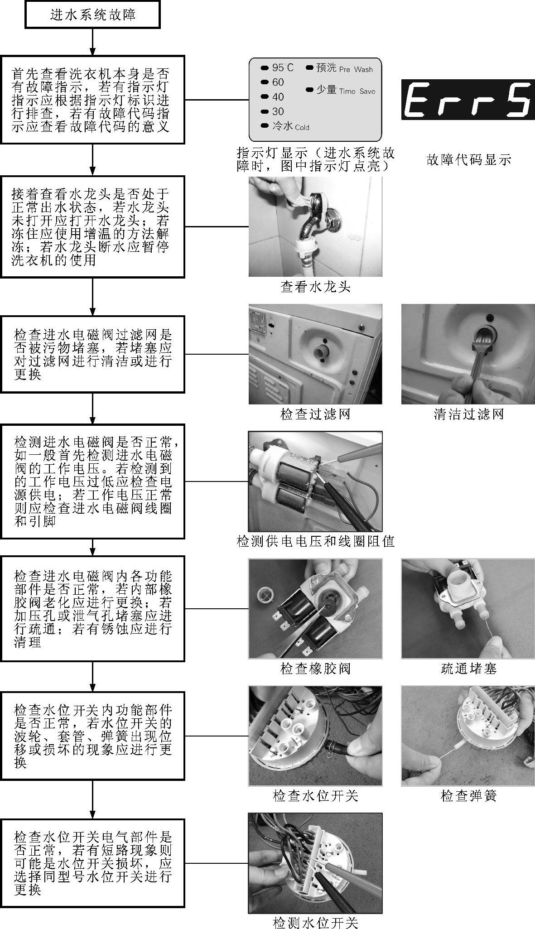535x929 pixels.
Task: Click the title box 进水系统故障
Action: (93, 15)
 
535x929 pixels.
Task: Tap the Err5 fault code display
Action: (468, 100)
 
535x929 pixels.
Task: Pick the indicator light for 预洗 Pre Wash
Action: (310, 68)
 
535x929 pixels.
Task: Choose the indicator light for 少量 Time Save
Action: (310, 90)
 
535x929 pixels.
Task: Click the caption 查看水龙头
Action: (315, 287)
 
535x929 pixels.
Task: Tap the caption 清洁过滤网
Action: (468, 414)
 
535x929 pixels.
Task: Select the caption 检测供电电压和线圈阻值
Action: (316, 541)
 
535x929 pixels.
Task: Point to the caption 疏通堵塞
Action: (468, 668)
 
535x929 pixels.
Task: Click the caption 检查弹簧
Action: (468, 796)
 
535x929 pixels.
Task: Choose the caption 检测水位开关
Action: (316, 922)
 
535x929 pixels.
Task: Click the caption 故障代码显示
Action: (468, 159)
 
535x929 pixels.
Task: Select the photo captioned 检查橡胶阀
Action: (315, 608)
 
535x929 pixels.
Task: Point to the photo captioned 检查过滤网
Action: (315, 354)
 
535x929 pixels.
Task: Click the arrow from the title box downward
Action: (93, 42)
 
